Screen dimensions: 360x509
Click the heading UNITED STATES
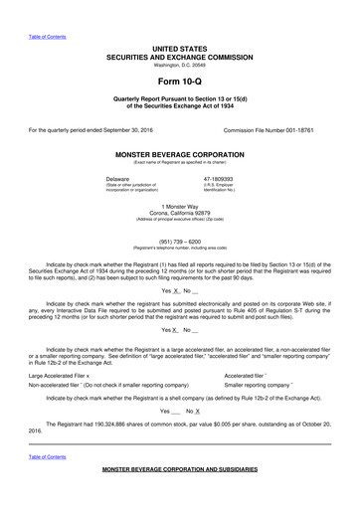[180, 48]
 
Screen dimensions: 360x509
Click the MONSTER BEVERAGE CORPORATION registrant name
[180, 156]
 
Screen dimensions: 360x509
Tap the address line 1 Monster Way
[180, 205]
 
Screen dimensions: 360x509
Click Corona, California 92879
[180, 212]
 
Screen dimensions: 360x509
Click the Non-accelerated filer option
[109, 356]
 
